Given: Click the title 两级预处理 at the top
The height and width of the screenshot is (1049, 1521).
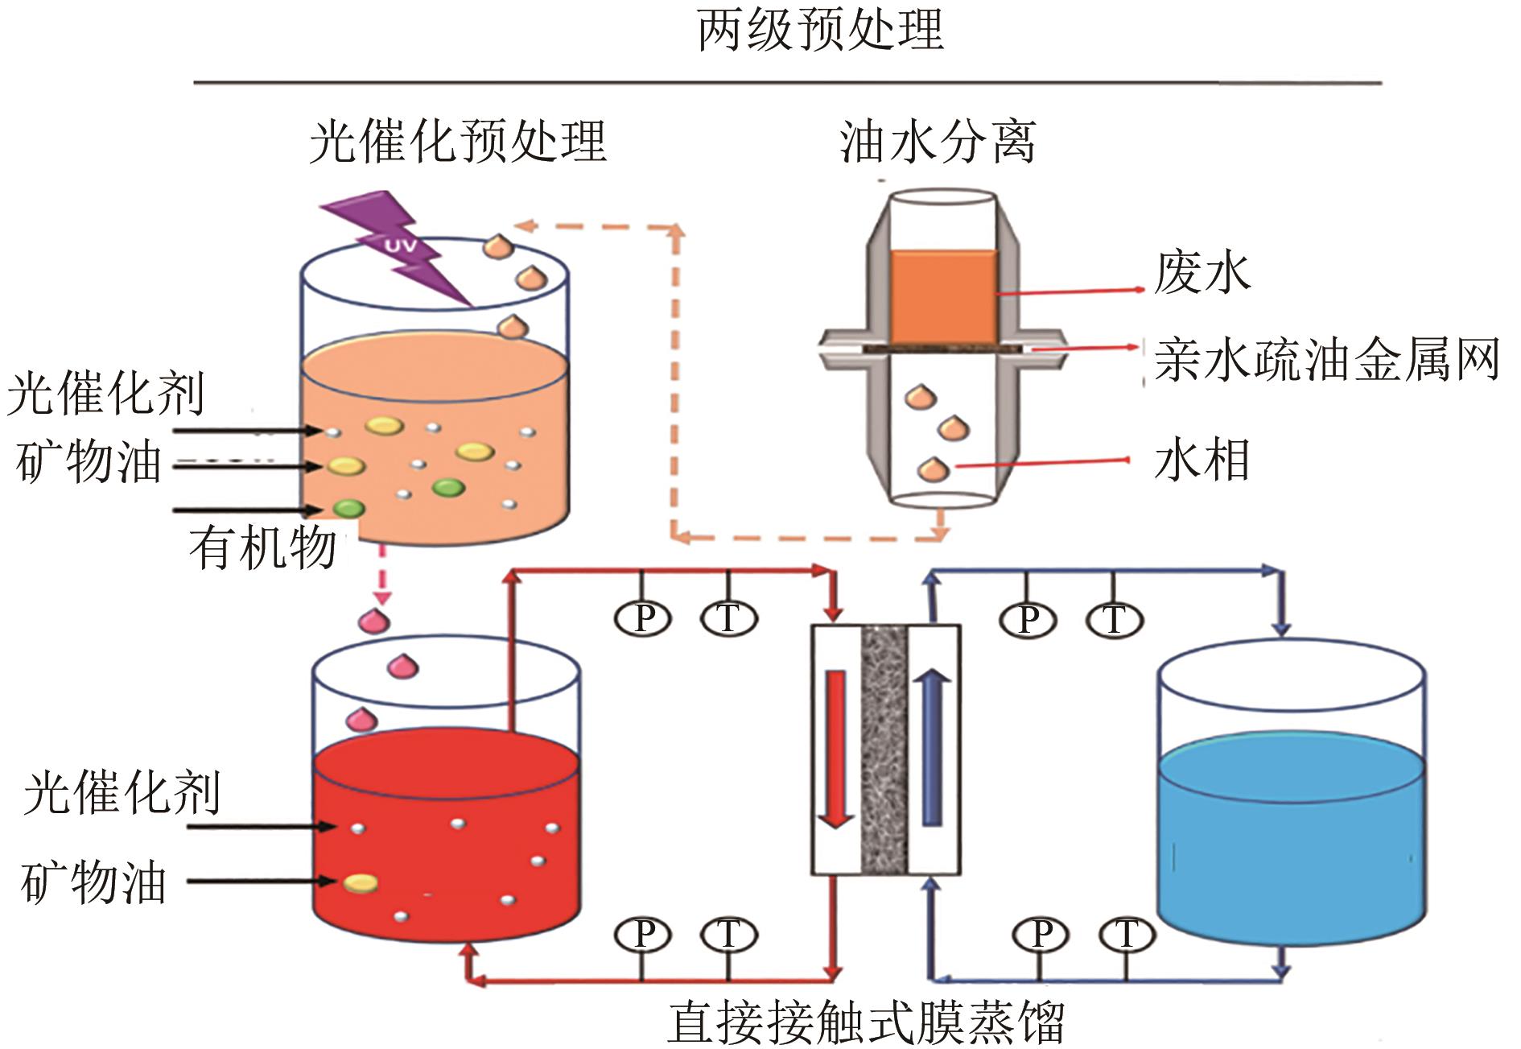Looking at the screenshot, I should (819, 31).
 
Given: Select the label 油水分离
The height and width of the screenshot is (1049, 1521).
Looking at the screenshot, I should (937, 142).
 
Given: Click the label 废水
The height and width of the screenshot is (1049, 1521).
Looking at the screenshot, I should (1202, 272).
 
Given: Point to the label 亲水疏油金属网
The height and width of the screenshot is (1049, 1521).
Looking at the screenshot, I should (1326, 359).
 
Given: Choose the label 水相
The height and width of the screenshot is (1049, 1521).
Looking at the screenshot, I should (1202, 460).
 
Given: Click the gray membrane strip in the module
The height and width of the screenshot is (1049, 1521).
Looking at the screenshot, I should (884, 749).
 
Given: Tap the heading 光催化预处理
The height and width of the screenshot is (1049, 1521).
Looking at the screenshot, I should (457, 142).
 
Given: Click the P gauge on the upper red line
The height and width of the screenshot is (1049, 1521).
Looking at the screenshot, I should (644, 618).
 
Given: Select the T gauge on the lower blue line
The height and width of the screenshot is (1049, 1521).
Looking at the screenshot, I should (1126, 935).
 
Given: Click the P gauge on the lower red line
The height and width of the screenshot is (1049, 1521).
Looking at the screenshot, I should (644, 935).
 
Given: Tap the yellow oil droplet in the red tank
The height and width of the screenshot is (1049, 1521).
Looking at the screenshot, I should (360, 883).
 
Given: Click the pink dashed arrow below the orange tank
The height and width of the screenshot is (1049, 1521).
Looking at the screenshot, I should (381, 576).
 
